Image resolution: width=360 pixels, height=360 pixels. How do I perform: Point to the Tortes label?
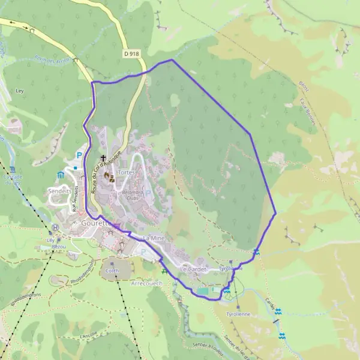(x=126, y=172)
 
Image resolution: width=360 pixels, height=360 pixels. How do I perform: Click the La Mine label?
(x=153, y=238)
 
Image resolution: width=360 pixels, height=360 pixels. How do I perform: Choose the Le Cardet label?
(x=193, y=269)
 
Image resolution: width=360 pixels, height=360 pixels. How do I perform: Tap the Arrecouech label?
(x=146, y=283)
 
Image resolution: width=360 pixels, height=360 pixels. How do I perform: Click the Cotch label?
(x=112, y=271)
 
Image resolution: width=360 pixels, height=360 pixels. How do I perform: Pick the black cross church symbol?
(x=103, y=159)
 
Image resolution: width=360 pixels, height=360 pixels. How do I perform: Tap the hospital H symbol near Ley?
(x=55, y=227)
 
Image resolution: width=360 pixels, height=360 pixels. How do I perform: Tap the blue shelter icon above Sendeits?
(x=60, y=175)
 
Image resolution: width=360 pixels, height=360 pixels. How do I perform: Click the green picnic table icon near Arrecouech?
(x=164, y=271)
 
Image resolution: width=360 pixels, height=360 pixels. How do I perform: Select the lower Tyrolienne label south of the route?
(x=238, y=314)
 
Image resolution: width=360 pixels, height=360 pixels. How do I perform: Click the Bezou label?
(x=59, y=247)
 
